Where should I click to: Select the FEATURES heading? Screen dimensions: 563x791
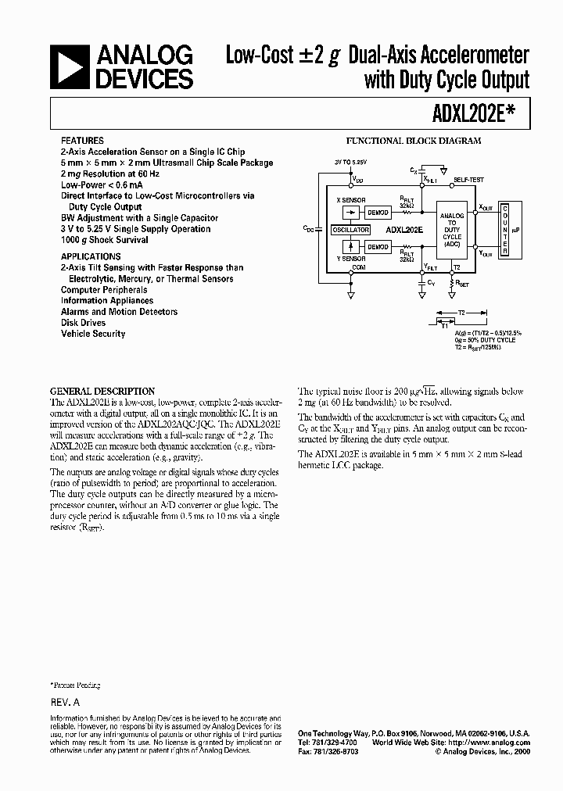pos(81,141)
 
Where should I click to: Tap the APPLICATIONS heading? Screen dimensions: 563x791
pos(91,256)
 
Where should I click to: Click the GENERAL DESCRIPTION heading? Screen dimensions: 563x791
pos(102,391)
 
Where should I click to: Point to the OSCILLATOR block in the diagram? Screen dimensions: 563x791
pos(350,231)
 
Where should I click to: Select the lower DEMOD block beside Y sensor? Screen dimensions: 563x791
pos(378,247)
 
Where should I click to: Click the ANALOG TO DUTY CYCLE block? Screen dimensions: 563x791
pos(452,231)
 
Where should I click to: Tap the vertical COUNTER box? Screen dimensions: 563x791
pos(506,231)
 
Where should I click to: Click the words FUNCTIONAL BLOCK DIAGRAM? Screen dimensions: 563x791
pos(413,141)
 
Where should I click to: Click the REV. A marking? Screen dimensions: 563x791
pos(66,703)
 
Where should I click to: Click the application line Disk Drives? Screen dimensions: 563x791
pos(84,323)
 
